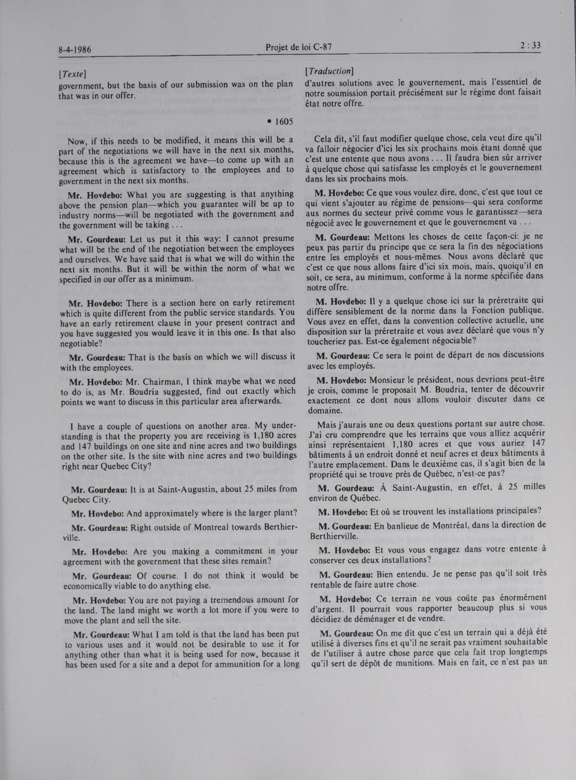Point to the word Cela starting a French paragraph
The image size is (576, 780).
[x=323, y=140]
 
